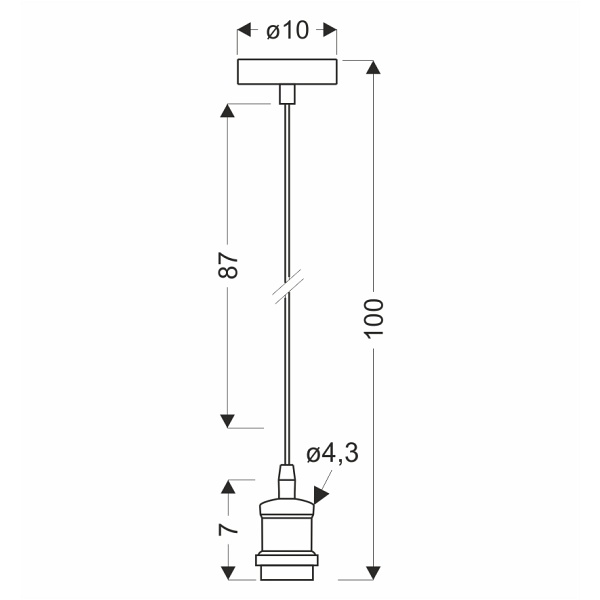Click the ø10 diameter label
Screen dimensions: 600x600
point(288,31)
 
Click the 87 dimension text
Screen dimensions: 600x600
point(228,265)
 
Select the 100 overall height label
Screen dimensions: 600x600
point(374,318)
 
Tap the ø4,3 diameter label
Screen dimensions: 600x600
point(332,454)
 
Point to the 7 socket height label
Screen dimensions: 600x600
point(228,527)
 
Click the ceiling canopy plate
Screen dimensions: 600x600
point(287,73)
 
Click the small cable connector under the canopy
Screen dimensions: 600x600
point(287,95)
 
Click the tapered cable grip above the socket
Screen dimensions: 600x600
point(287,480)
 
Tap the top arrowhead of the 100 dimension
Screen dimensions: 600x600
point(374,68)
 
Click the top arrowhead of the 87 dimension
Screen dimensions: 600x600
point(228,109)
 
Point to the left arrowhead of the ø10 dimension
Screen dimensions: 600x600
point(244,31)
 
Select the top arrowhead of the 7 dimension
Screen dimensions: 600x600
point(228,487)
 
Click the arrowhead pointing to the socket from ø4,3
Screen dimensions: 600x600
point(321,493)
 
